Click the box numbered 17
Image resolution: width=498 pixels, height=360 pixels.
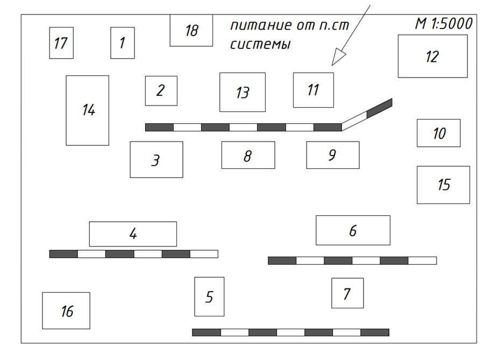point(61,43)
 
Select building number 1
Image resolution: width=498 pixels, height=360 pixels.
point(123,43)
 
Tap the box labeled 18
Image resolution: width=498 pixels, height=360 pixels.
point(191,31)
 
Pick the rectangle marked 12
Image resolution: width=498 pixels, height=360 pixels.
point(432,57)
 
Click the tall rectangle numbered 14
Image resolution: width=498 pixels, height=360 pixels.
point(88,110)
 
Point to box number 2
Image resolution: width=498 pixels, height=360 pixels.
point(161,91)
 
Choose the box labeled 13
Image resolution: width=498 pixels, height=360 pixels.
point(243,92)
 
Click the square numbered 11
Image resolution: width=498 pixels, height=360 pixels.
point(313,90)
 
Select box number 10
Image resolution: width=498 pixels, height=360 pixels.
point(439,133)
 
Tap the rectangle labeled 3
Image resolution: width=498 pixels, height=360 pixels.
point(156,160)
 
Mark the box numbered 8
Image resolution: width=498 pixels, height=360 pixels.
point(248,156)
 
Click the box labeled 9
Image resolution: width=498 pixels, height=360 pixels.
point(333,155)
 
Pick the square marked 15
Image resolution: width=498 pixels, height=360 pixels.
point(443,185)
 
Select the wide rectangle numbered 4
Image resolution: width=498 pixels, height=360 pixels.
point(133,234)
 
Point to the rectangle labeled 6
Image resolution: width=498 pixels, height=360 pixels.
point(353,230)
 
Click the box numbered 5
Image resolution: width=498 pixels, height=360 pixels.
point(209,297)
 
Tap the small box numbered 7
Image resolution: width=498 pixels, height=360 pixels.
point(347,293)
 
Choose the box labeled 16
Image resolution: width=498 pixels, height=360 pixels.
point(66,310)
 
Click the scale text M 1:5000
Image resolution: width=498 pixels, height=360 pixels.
point(444,24)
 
